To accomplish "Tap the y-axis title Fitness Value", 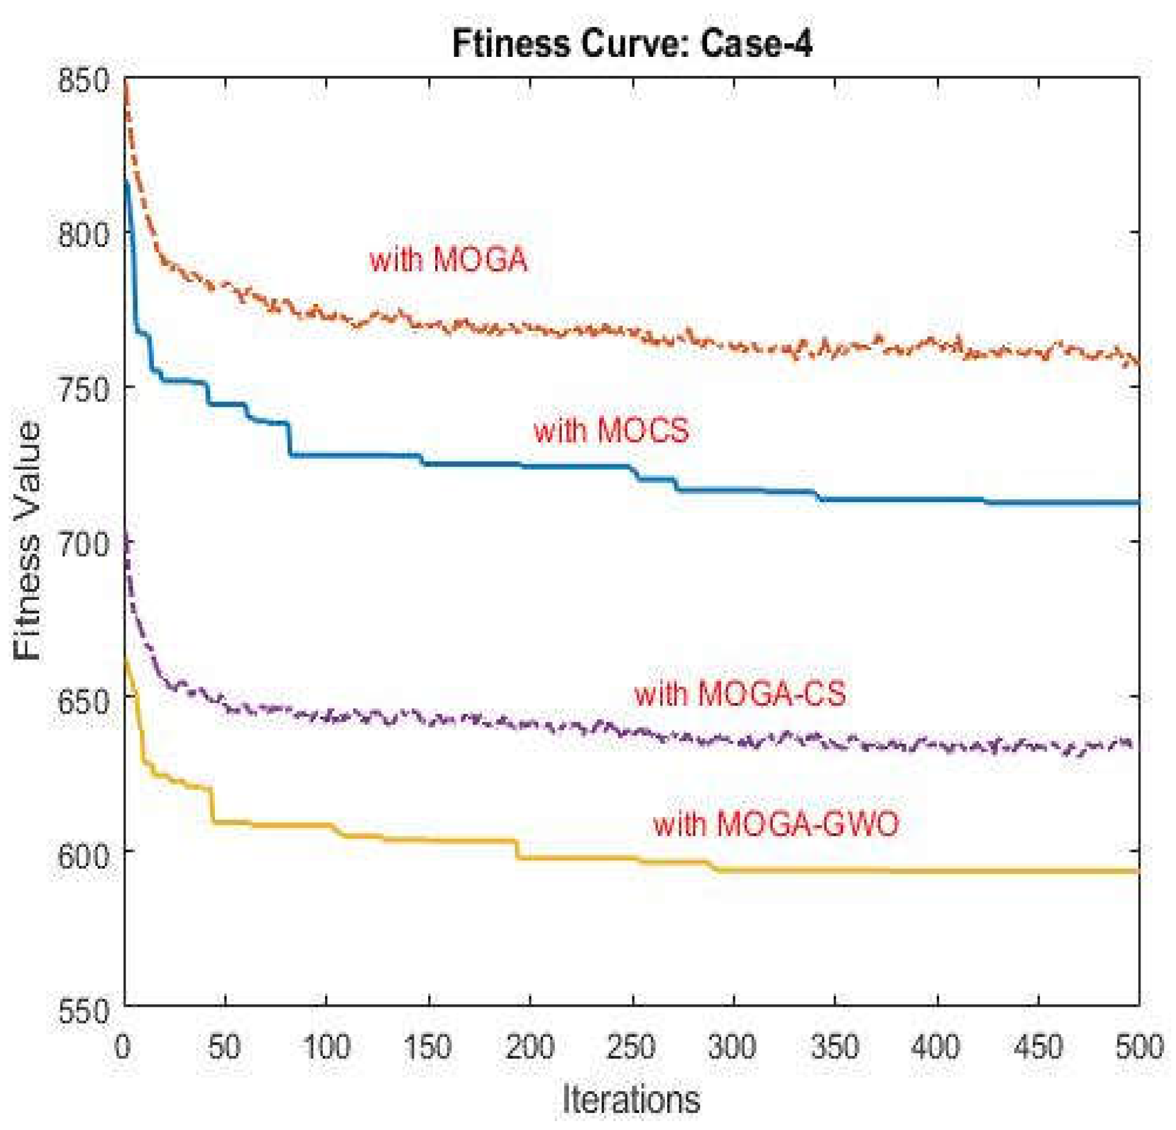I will click(28, 540).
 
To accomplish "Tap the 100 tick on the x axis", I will click(326, 1047).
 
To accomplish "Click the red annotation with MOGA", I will click(448, 261).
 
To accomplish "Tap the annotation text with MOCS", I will click(612, 431).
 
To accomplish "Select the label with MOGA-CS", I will click(740, 694).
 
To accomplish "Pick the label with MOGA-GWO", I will click(776, 823).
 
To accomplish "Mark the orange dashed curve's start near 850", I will click(126, 87).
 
